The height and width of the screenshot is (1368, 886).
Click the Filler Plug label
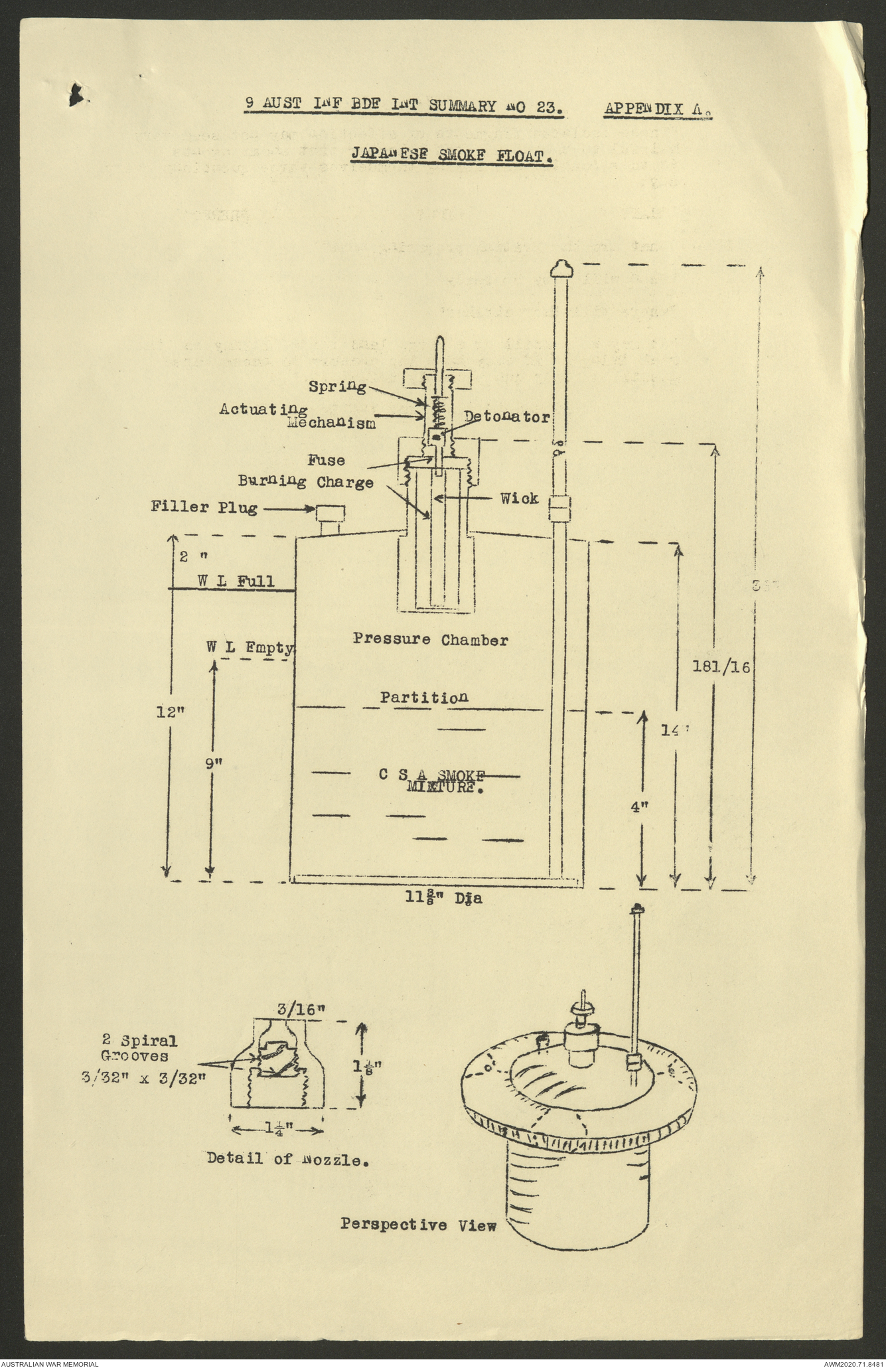tap(203, 508)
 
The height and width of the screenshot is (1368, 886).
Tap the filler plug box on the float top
tap(331, 513)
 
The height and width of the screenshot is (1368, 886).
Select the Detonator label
tap(507, 417)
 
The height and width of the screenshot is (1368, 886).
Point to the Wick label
tap(520, 498)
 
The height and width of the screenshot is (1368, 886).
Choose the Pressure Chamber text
tap(430, 641)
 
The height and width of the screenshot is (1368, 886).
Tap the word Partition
tap(424, 698)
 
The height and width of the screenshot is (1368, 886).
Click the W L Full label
tap(236, 581)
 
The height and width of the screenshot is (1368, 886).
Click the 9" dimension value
tap(213, 763)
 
